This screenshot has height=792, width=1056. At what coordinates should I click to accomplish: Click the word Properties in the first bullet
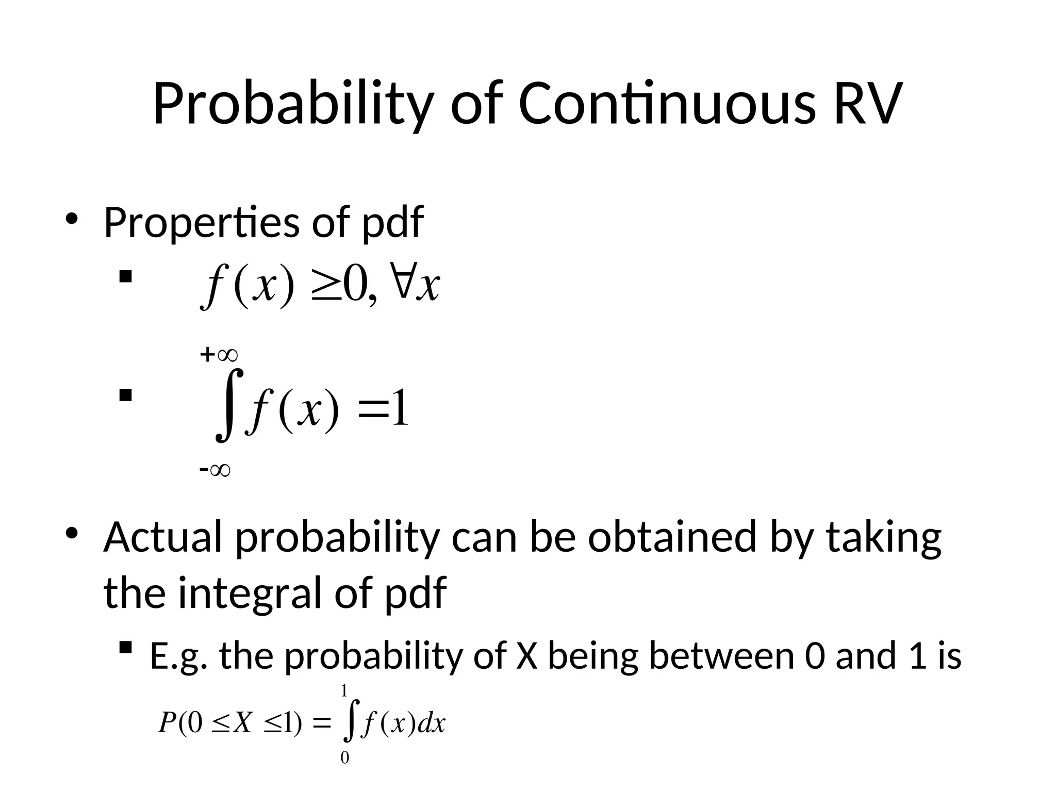pyautogui.click(x=201, y=223)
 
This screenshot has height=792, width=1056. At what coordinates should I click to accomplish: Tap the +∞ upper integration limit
pyautogui.click(x=219, y=355)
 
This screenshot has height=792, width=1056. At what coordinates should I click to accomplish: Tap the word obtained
pyautogui.click(x=672, y=537)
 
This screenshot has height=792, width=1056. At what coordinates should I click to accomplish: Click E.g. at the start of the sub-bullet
pyautogui.click(x=179, y=657)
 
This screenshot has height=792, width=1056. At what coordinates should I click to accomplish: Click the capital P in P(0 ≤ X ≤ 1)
pyautogui.click(x=168, y=723)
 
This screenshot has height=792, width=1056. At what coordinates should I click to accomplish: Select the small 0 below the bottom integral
pyautogui.click(x=344, y=757)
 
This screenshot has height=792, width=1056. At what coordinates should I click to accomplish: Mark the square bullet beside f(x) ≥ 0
pyautogui.click(x=125, y=278)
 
